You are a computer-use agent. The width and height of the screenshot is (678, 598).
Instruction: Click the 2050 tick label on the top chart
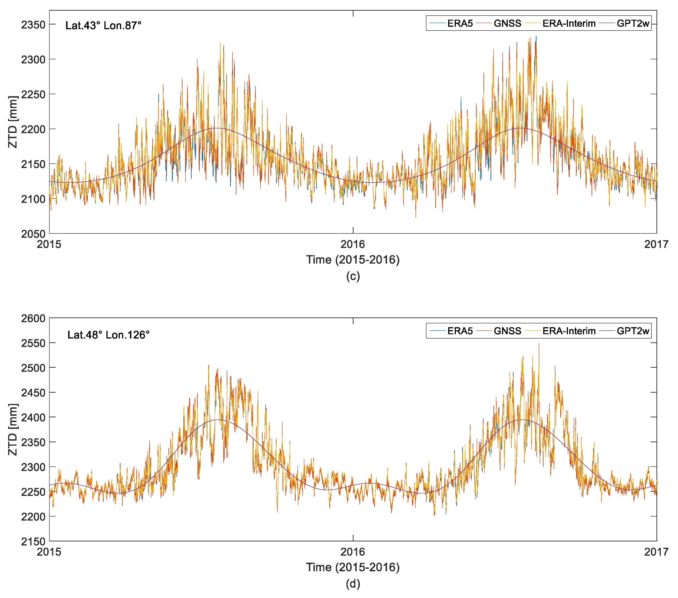coord(33,234)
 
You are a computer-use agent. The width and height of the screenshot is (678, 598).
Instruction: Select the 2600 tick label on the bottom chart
coord(33,318)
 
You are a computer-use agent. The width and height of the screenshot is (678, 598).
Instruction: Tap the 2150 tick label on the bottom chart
coord(33,542)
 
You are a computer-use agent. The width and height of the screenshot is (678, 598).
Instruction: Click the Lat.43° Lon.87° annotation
coord(103,26)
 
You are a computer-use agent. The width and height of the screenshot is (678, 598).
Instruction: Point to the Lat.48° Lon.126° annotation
coord(108,335)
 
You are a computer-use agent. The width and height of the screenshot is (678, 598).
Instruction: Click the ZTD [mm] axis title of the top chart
coord(13,122)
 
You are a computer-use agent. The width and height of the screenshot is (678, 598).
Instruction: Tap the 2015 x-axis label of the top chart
coord(49,245)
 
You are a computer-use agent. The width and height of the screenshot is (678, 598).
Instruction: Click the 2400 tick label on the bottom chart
coord(33,418)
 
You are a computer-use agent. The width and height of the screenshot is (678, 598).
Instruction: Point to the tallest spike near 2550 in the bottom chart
coord(539,344)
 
